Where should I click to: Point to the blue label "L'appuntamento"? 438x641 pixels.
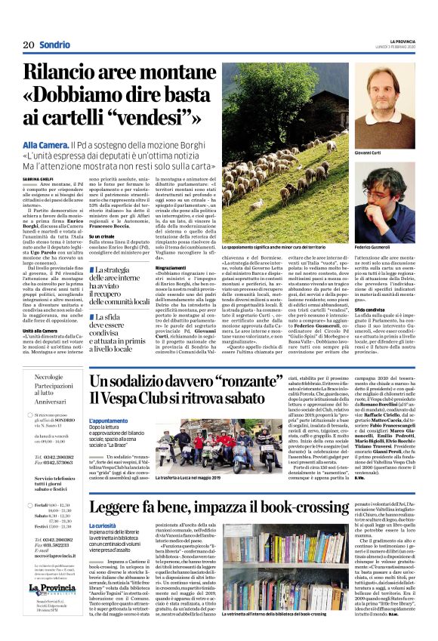click(107, 421)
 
